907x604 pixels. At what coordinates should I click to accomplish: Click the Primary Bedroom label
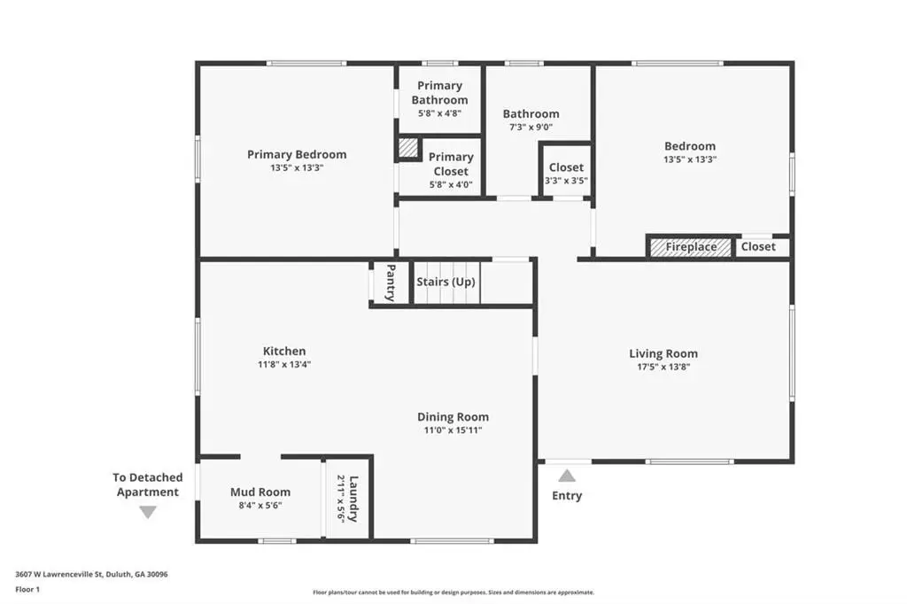click(x=297, y=154)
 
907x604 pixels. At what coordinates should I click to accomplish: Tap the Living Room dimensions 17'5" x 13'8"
click(x=663, y=367)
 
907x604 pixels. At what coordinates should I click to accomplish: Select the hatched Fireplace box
click(x=691, y=247)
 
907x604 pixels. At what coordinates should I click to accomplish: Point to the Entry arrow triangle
click(x=567, y=476)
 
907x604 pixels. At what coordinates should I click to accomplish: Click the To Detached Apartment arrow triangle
click(x=148, y=512)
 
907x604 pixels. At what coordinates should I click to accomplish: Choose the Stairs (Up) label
click(x=446, y=282)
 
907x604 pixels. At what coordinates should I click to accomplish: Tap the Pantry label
click(x=391, y=283)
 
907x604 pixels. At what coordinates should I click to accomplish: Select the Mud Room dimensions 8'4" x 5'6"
click(x=260, y=505)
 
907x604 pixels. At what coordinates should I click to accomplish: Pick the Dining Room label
click(x=453, y=416)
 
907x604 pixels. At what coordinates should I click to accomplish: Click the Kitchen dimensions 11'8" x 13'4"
click(x=284, y=365)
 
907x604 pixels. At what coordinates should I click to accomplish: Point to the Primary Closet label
click(x=451, y=164)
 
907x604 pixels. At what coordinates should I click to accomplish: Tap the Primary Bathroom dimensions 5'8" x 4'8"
click(x=439, y=113)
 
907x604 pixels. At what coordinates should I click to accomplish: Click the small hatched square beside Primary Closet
click(x=407, y=147)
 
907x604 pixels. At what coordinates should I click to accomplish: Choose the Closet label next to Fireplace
click(x=758, y=246)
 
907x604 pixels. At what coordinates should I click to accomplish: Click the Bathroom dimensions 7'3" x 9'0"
click(x=531, y=128)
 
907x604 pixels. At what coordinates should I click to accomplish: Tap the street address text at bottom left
click(x=91, y=575)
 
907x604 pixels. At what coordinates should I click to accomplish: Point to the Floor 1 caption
click(x=27, y=590)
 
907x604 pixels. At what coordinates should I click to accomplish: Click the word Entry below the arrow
click(x=567, y=496)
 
